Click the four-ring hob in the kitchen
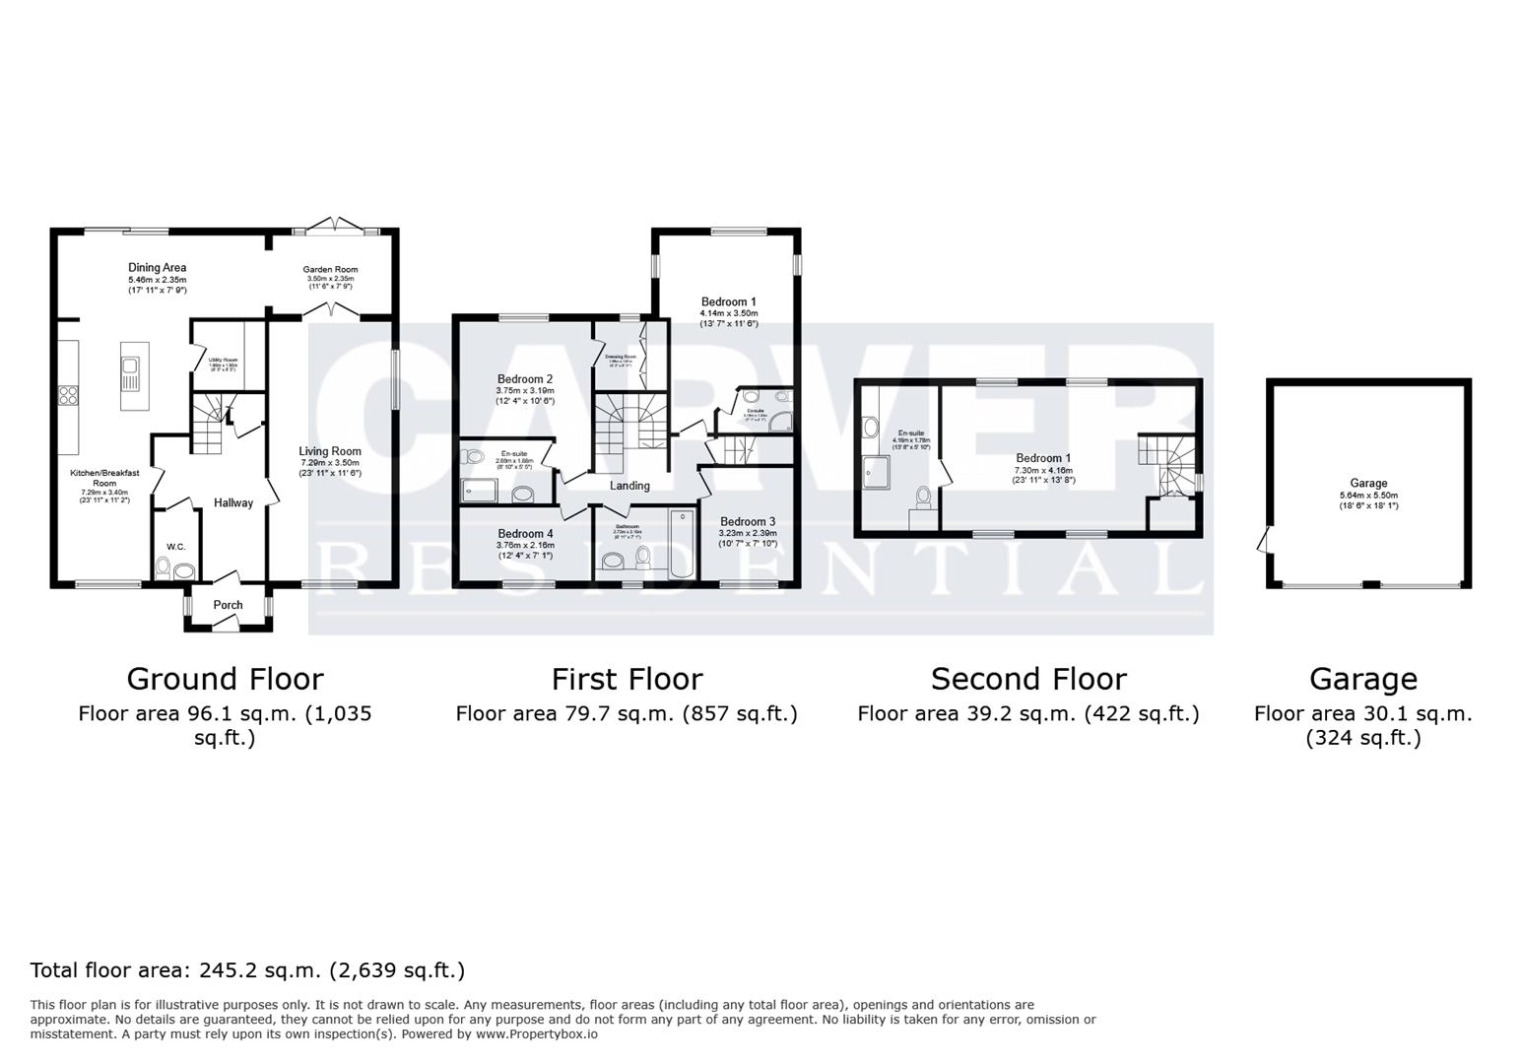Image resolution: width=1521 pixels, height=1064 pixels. (x=69, y=396)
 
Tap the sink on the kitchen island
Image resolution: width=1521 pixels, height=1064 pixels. (x=130, y=370)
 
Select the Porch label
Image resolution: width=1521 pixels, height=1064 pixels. (x=228, y=605)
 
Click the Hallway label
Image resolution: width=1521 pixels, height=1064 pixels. (x=233, y=502)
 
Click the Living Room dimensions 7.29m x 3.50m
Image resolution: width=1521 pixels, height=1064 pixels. (x=330, y=462)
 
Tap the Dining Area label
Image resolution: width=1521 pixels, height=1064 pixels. (x=157, y=267)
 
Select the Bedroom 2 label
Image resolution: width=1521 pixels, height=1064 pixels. (x=525, y=379)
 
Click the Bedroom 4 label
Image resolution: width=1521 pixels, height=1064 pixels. (x=525, y=534)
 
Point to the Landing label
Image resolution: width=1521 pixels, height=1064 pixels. (x=629, y=486)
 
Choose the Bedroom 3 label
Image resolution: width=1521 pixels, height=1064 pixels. (x=748, y=522)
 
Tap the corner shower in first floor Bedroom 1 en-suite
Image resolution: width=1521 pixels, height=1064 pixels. (x=781, y=422)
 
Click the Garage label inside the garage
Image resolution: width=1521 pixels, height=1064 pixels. (x=1368, y=483)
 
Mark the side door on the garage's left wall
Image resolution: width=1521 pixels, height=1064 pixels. (x=1264, y=540)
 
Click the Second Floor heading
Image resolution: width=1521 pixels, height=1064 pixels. (x=1028, y=679)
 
